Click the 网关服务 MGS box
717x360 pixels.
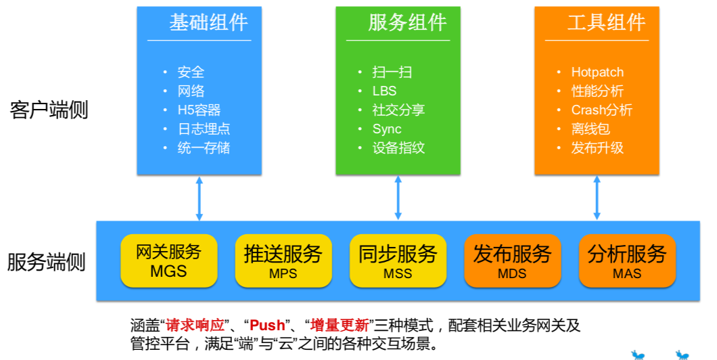coord(168,261)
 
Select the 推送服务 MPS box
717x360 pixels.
coord(283,261)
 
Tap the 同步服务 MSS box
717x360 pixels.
coord(398,261)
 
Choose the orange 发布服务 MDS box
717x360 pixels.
coord(513,261)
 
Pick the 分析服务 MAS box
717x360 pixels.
coord(628,261)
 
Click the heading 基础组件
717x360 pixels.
coord(208,22)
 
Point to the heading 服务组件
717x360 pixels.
coord(407,22)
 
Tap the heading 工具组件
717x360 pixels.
coord(606,22)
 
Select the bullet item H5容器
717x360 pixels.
coord(199,110)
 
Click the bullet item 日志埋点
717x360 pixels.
coord(204,129)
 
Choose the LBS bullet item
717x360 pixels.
coord(384,91)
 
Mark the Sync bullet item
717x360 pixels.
coord(387,129)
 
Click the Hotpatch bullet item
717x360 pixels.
coord(597,72)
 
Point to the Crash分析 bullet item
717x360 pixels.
coord(602,110)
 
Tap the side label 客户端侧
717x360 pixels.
coord(49,110)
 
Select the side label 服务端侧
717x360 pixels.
coord(46,262)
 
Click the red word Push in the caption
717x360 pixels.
coord(267,325)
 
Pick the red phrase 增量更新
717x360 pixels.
coord(340,325)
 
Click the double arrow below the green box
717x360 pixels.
coord(398,198)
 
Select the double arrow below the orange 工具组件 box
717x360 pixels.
coord(597,198)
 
